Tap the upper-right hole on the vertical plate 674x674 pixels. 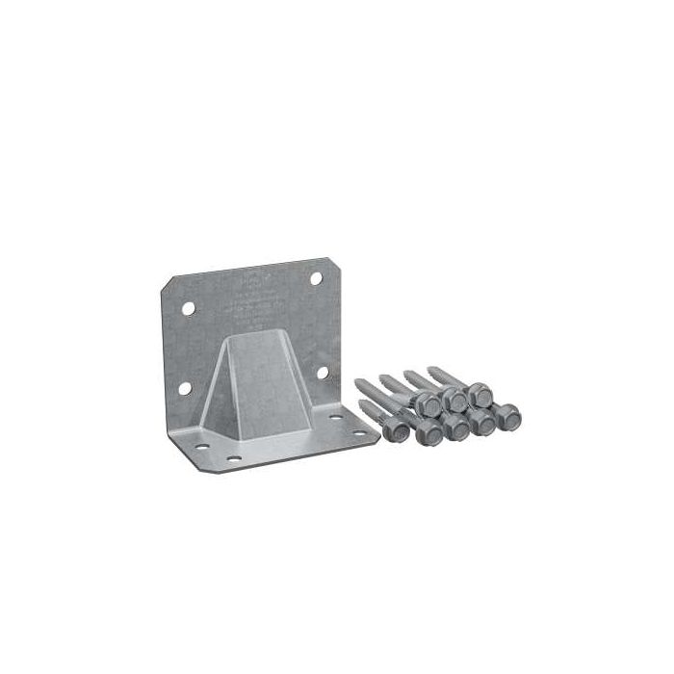(x=316, y=278)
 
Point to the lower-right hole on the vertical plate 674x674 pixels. (x=323, y=372)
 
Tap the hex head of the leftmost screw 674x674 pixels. (x=395, y=430)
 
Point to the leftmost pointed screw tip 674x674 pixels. (x=360, y=382)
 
